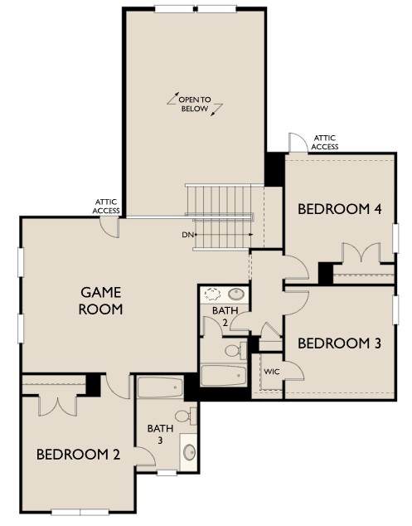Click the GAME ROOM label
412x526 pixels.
tap(100, 300)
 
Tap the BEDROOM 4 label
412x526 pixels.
tap(340, 209)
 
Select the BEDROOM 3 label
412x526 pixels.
tap(339, 343)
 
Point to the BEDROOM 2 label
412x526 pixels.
tap(78, 455)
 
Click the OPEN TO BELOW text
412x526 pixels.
tap(195, 104)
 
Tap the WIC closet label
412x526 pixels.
tap(272, 372)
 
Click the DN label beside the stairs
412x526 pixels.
tap(187, 235)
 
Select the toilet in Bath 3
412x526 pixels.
tap(186, 416)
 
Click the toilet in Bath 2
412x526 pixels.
tap(235, 351)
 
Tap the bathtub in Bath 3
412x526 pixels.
tap(160, 387)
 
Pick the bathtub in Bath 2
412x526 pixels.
tap(224, 375)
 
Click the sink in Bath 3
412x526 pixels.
tap(189, 452)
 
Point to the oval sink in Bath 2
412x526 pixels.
tap(236, 294)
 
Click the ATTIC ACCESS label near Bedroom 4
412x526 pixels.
tap(324, 142)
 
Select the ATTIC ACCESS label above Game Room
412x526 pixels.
tap(106, 207)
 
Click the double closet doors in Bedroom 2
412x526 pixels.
tap(58, 407)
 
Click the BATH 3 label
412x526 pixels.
tap(160, 434)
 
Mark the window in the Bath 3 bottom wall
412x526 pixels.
tap(167, 473)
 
